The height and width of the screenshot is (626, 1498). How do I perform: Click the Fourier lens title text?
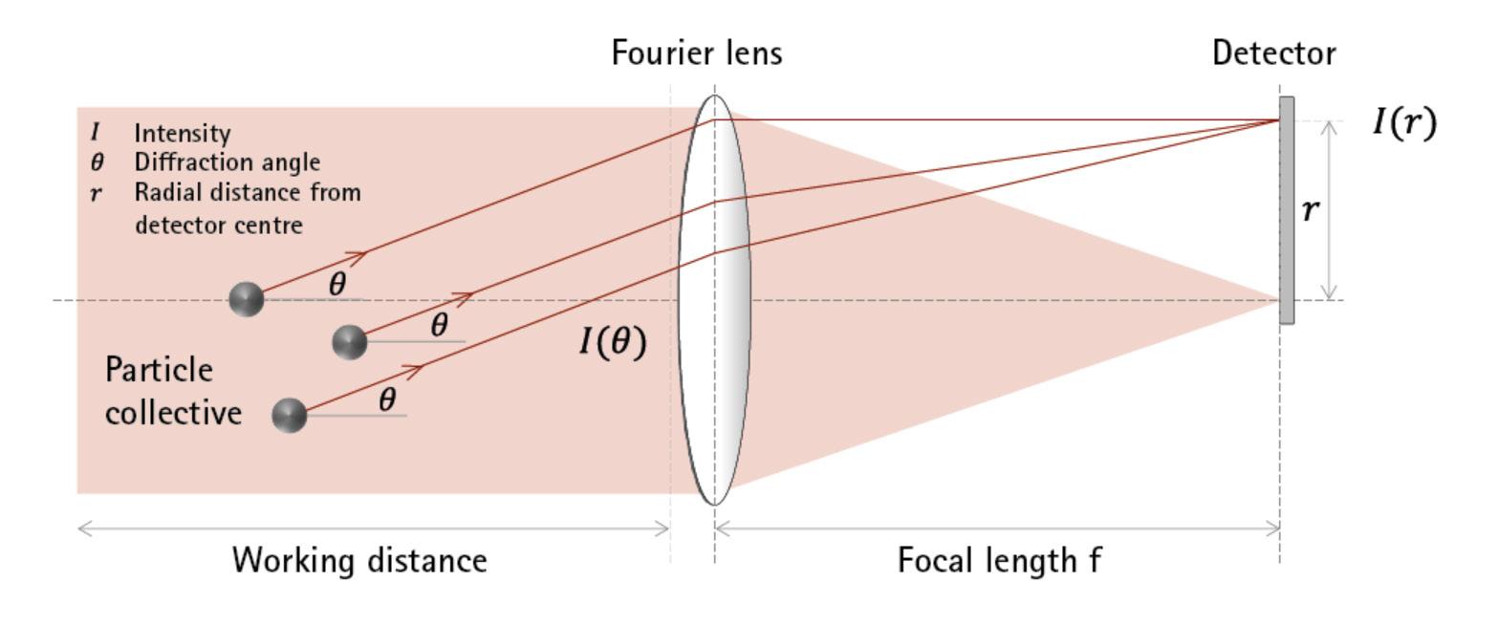point(697,54)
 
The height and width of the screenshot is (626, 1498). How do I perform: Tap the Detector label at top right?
point(1273,54)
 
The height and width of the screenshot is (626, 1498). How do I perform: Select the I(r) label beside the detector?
point(1403,123)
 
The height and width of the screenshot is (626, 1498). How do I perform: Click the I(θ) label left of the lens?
point(613,341)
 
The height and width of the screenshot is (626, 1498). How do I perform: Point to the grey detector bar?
point(1287,210)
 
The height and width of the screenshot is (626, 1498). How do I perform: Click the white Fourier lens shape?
point(714,300)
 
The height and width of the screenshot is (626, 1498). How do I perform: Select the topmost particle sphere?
point(247,299)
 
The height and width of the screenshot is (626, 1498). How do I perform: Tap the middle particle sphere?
point(349,341)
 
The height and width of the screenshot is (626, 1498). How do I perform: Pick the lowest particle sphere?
point(290,416)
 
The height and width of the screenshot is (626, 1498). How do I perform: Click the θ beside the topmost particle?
point(337,283)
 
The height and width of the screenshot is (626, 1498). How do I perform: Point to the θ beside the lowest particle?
point(387,399)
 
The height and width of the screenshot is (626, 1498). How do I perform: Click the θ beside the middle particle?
point(439,325)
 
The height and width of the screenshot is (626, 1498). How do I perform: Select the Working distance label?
point(359,560)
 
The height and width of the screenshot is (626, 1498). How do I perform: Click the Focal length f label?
point(999,560)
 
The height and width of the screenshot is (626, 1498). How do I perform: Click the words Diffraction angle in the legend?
point(227,162)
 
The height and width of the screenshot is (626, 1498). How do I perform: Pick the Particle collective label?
point(172,392)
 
